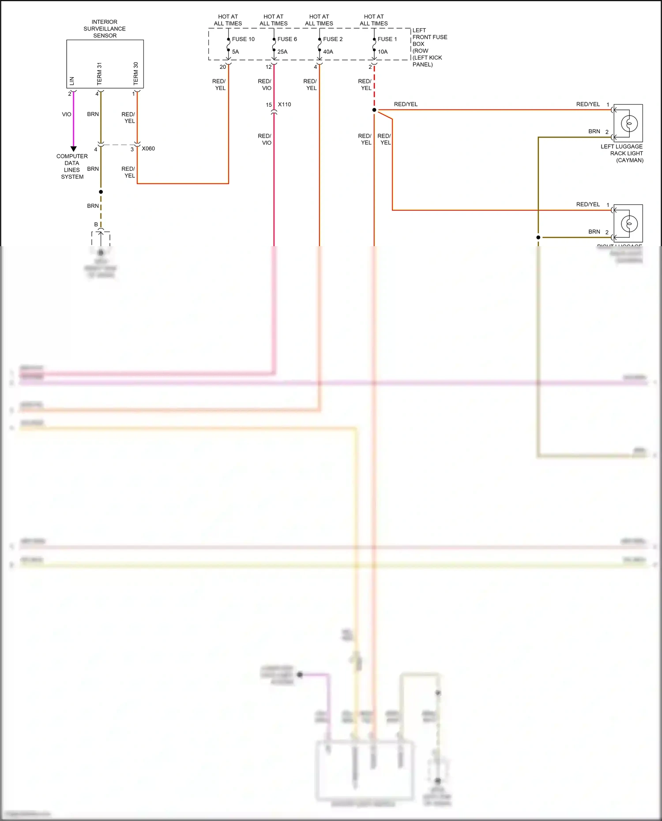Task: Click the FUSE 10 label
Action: coord(243,39)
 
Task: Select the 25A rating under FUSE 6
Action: coord(282,52)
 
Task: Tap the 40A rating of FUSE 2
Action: coord(328,52)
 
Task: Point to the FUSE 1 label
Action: coord(387,39)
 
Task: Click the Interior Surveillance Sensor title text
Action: coord(105,29)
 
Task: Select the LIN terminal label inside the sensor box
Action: coord(72,81)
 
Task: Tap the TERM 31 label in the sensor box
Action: coord(99,74)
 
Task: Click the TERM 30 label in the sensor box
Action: coord(135,73)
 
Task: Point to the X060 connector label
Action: coord(148,149)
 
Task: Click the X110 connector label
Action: coord(285,105)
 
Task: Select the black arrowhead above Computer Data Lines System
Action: coord(74,149)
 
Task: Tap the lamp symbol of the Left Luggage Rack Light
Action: coord(629,124)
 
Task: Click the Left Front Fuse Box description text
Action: coord(429,47)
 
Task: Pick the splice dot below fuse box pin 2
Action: coord(374,110)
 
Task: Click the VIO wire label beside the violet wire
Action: coord(66,114)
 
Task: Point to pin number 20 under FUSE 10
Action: coord(222,67)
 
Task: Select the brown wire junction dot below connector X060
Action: coord(101,192)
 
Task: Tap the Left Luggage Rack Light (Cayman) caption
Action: coord(622,153)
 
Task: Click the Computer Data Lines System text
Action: coord(72,166)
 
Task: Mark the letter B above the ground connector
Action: coord(96,225)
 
